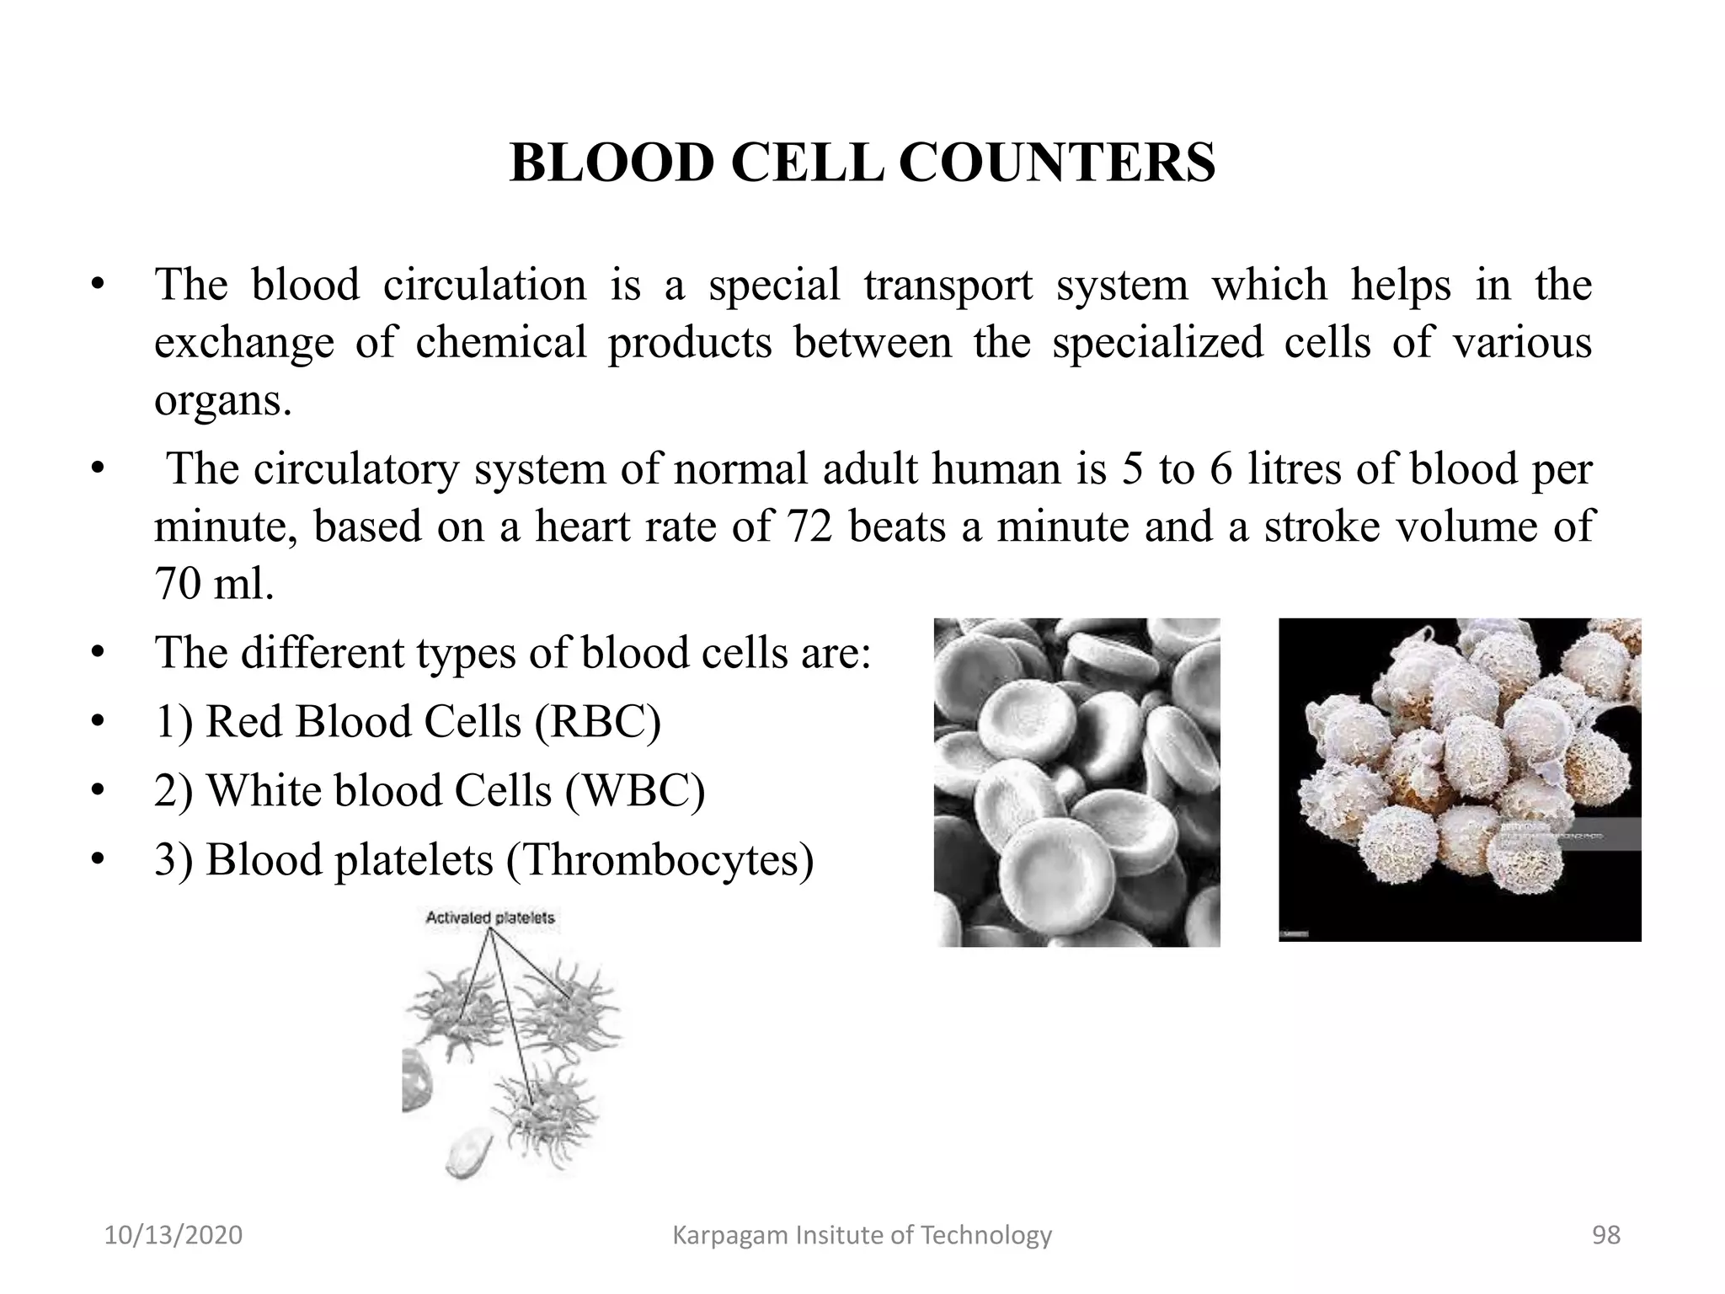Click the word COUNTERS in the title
[1056, 163]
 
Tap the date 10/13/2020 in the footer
[173, 1235]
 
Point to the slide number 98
[1605, 1235]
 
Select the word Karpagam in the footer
[722, 1235]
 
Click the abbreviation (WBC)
[635, 791]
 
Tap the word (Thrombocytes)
[660, 860]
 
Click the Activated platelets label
[490, 917]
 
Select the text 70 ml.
[214, 583]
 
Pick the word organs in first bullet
[222, 400]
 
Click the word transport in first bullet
[948, 285]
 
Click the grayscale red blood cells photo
[1076, 782]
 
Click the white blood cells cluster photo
[1459, 779]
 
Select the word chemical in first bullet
[500, 343]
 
